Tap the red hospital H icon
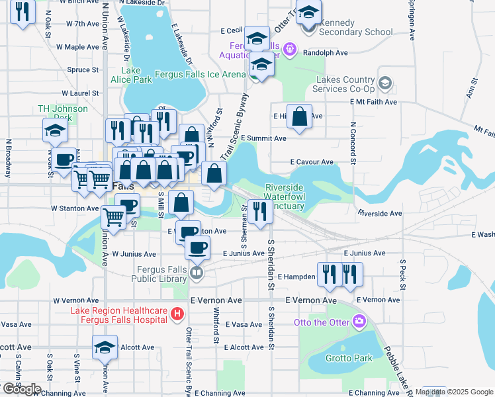(x=177, y=315)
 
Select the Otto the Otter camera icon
(x=359, y=322)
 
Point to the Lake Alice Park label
(x=136, y=75)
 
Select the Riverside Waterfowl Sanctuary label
(x=284, y=197)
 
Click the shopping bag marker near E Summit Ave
(x=300, y=116)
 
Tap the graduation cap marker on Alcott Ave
(x=105, y=347)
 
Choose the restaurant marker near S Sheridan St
(x=260, y=212)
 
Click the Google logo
(x=21, y=389)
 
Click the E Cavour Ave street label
(x=312, y=161)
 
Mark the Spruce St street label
(x=83, y=69)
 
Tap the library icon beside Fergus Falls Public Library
(x=196, y=273)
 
